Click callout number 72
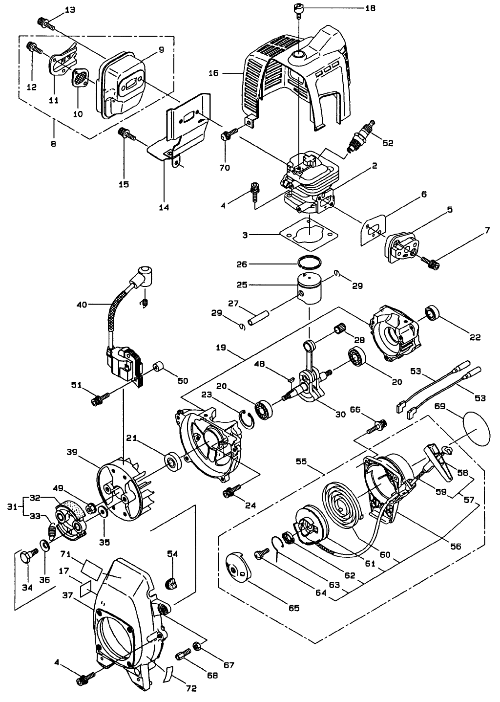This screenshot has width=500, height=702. tap(191, 688)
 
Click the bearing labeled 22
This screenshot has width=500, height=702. tap(433, 312)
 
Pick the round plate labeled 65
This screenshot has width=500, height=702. tap(238, 569)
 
